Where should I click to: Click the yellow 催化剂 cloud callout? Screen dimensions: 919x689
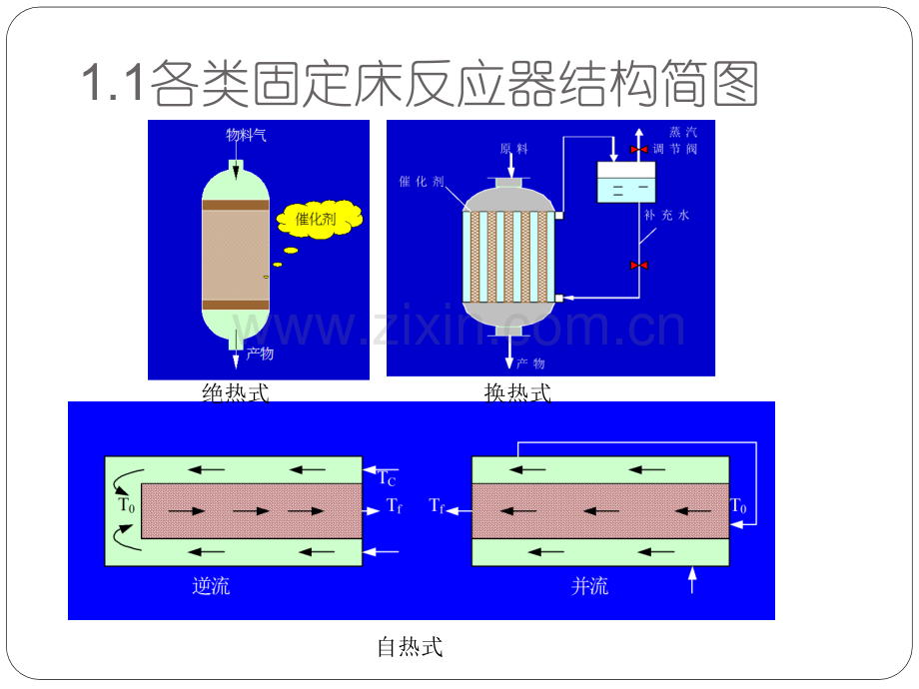[x=320, y=219]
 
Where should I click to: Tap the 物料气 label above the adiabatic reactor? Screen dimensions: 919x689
[x=246, y=136]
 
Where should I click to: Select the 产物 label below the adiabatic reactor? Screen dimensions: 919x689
[x=260, y=353]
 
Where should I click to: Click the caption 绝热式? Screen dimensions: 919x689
[x=236, y=392]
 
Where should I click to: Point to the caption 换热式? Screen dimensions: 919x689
[x=517, y=392]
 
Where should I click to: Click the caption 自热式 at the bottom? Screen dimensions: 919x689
[x=410, y=647]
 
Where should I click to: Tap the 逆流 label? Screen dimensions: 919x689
[x=211, y=585]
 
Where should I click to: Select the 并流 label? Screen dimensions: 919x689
[x=589, y=585]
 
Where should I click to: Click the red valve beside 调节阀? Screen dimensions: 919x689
[x=639, y=150]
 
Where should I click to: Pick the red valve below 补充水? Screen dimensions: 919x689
[x=639, y=266]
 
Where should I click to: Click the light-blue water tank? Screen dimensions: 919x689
[x=626, y=182]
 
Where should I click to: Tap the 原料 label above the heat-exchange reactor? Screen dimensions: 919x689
[x=514, y=149]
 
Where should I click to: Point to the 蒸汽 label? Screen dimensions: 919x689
[x=683, y=133]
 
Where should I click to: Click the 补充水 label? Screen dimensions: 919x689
[x=667, y=215]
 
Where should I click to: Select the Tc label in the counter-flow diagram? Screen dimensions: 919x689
[x=387, y=478]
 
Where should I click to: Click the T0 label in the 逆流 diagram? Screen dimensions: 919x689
[x=127, y=505]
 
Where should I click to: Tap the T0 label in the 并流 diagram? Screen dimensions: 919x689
[x=738, y=505]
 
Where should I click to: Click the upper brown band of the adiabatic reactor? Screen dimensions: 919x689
[x=236, y=205]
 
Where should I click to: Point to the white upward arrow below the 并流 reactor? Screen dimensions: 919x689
[x=692, y=580]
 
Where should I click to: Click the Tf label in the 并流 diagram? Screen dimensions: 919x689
[x=437, y=505]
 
